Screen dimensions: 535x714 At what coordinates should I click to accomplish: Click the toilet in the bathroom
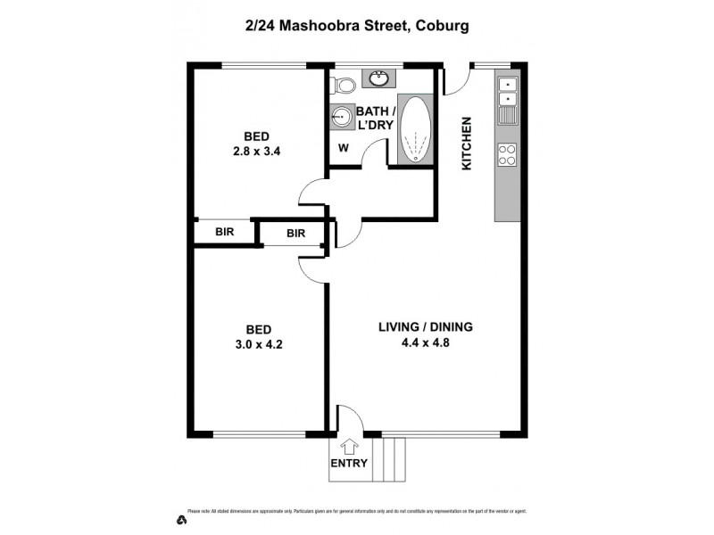tap(344, 86)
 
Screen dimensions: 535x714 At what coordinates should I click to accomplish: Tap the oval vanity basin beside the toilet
tap(377, 78)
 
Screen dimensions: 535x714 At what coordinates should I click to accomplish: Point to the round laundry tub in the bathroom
tap(341, 117)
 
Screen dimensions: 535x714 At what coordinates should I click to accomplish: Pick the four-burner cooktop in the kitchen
tap(507, 154)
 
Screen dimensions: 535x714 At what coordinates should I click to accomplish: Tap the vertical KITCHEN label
tap(466, 144)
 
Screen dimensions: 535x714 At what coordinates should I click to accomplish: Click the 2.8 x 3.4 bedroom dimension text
tap(257, 151)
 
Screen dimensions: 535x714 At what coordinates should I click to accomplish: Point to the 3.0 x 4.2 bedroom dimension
tap(257, 342)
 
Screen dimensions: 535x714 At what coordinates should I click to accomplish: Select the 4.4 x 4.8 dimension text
tap(424, 342)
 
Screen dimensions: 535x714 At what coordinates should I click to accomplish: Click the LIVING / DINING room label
tap(424, 327)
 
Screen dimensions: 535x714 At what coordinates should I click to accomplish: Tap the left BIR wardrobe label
tap(225, 232)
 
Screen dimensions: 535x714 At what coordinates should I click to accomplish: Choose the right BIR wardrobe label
tap(296, 234)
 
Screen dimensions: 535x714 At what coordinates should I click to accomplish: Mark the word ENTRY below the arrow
tap(349, 464)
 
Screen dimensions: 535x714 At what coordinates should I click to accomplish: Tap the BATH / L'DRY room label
tap(375, 118)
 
